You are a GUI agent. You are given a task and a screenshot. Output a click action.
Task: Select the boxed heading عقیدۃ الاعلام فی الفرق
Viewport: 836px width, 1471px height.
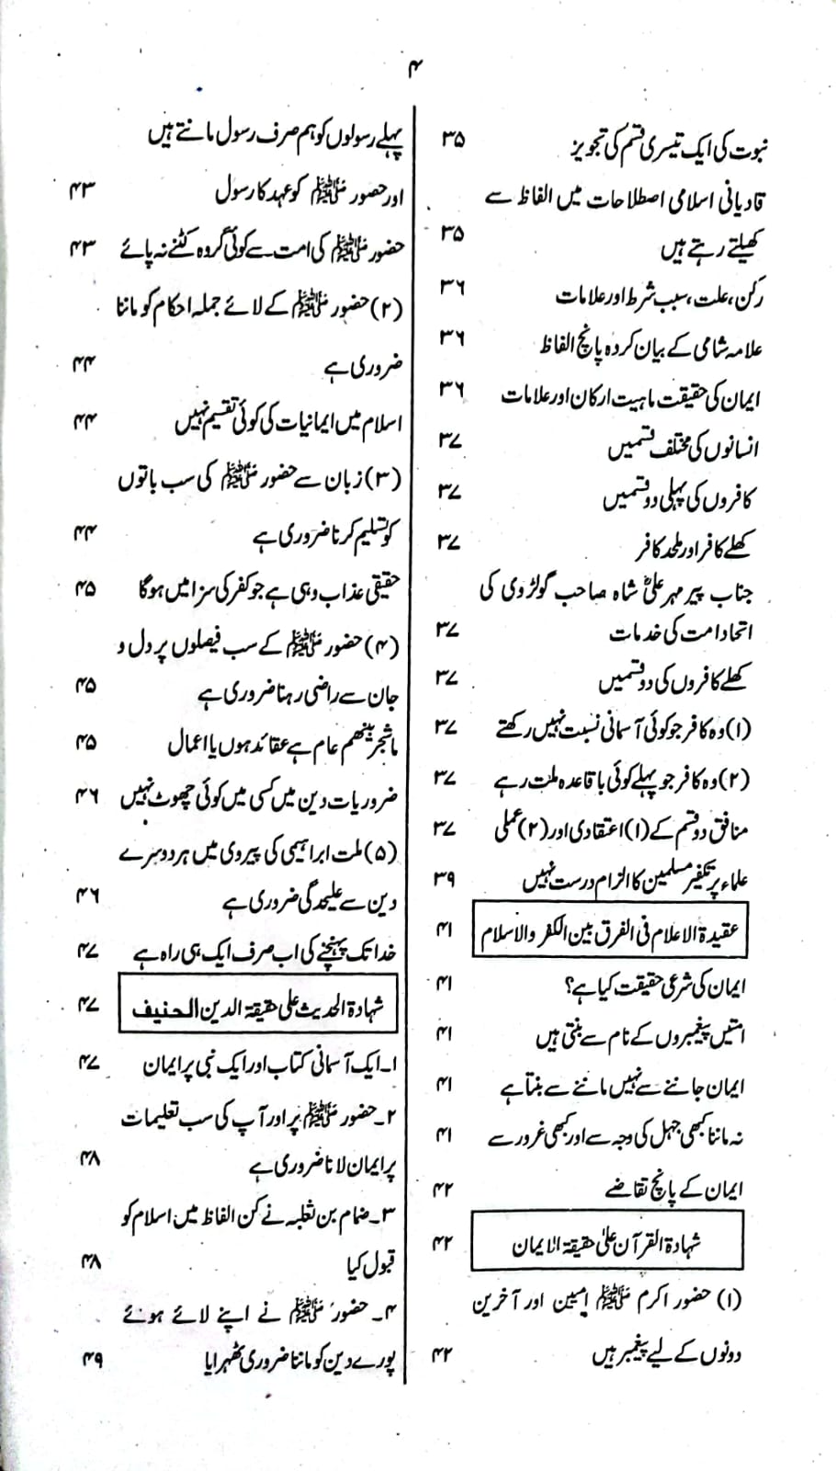tap(610, 934)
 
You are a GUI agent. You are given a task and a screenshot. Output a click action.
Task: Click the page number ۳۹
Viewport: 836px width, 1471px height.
tap(445, 878)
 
